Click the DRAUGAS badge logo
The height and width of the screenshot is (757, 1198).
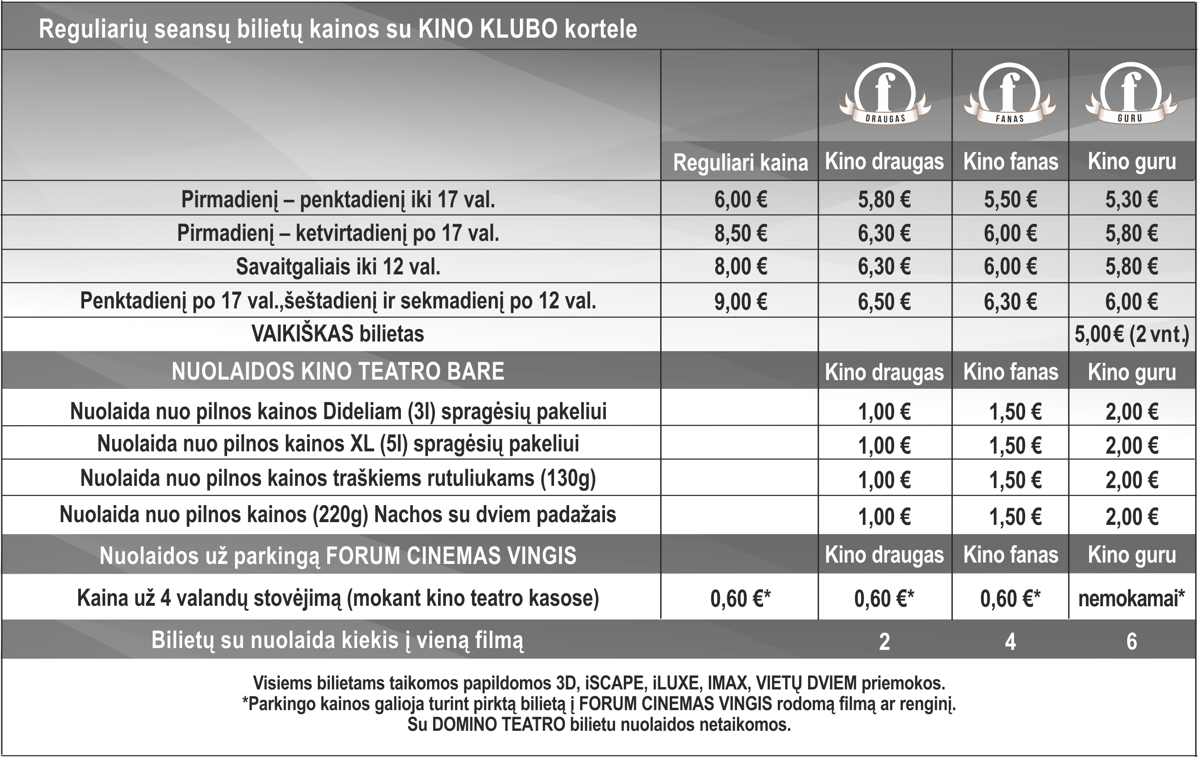click(884, 93)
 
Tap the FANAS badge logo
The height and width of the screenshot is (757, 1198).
click(1010, 93)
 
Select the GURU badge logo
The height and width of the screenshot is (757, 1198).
click(1131, 93)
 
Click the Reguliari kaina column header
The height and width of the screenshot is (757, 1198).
click(740, 163)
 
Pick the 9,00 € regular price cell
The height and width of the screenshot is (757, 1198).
click(740, 302)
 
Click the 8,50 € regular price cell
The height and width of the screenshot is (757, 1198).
click(740, 233)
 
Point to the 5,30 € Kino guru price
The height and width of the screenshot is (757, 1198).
click(1131, 199)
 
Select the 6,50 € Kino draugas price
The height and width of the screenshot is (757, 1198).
click(884, 302)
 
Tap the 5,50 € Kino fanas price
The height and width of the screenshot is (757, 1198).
click(1010, 199)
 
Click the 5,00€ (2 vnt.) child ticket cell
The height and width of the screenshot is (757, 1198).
click(1131, 334)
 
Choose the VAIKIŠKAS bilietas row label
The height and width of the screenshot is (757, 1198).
click(338, 334)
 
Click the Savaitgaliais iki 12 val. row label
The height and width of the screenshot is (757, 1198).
click(338, 267)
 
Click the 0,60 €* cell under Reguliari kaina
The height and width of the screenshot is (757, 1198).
click(740, 598)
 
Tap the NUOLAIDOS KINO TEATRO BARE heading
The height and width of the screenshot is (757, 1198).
click(338, 371)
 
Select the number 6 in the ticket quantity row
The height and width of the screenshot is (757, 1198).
click(1131, 642)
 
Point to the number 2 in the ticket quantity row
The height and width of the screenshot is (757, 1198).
click(884, 642)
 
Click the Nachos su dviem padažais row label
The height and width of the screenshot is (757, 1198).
click(495, 515)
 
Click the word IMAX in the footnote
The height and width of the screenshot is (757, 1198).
click(727, 683)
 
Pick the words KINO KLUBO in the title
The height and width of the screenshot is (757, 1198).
click(488, 29)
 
